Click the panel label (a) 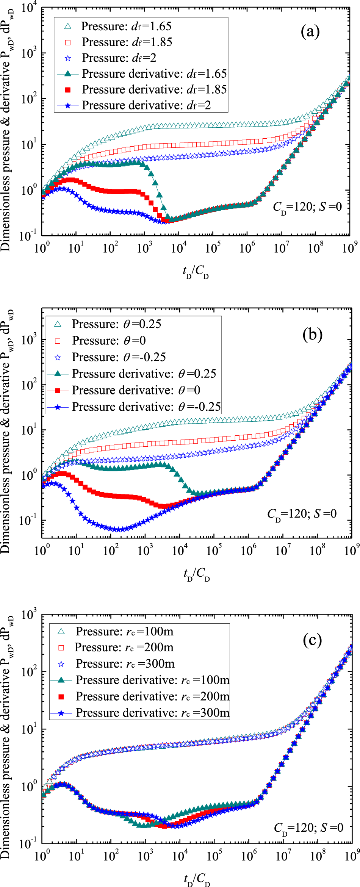tap(310, 32)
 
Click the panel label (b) tap(312, 335)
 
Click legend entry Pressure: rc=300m tap(125, 663)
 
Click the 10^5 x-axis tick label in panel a tap(213, 248)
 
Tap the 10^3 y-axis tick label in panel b tap(28, 339)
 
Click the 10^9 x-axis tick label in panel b tap(351, 550)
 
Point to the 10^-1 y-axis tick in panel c tap(28, 844)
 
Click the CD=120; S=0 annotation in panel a tap(307, 207)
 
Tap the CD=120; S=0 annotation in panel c tap(308, 828)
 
